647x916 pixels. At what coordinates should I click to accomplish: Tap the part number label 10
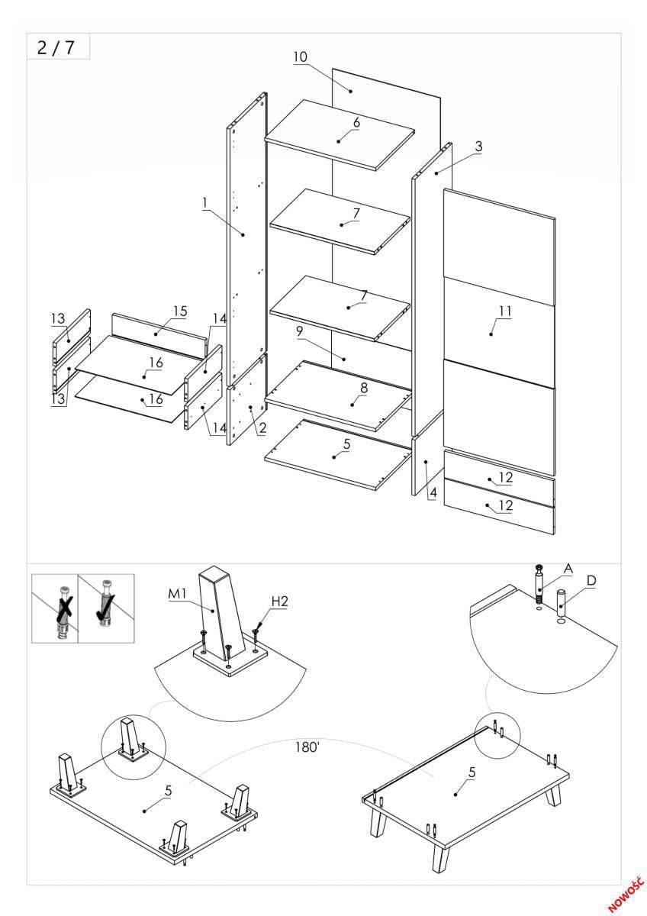click(x=300, y=56)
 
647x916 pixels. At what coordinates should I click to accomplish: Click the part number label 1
click(x=205, y=202)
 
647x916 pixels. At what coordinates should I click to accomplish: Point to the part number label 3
click(x=478, y=146)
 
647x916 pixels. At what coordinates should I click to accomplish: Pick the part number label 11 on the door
click(x=504, y=311)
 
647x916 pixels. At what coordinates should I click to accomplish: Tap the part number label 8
click(x=364, y=388)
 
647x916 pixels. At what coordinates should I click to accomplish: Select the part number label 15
click(x=179, y=311)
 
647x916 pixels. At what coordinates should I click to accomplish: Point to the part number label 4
click(x=433, y=493)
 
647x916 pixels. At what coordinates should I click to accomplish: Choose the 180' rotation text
click(x=307, y=746)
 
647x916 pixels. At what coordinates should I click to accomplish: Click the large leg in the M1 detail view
click(x=219, y=611)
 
